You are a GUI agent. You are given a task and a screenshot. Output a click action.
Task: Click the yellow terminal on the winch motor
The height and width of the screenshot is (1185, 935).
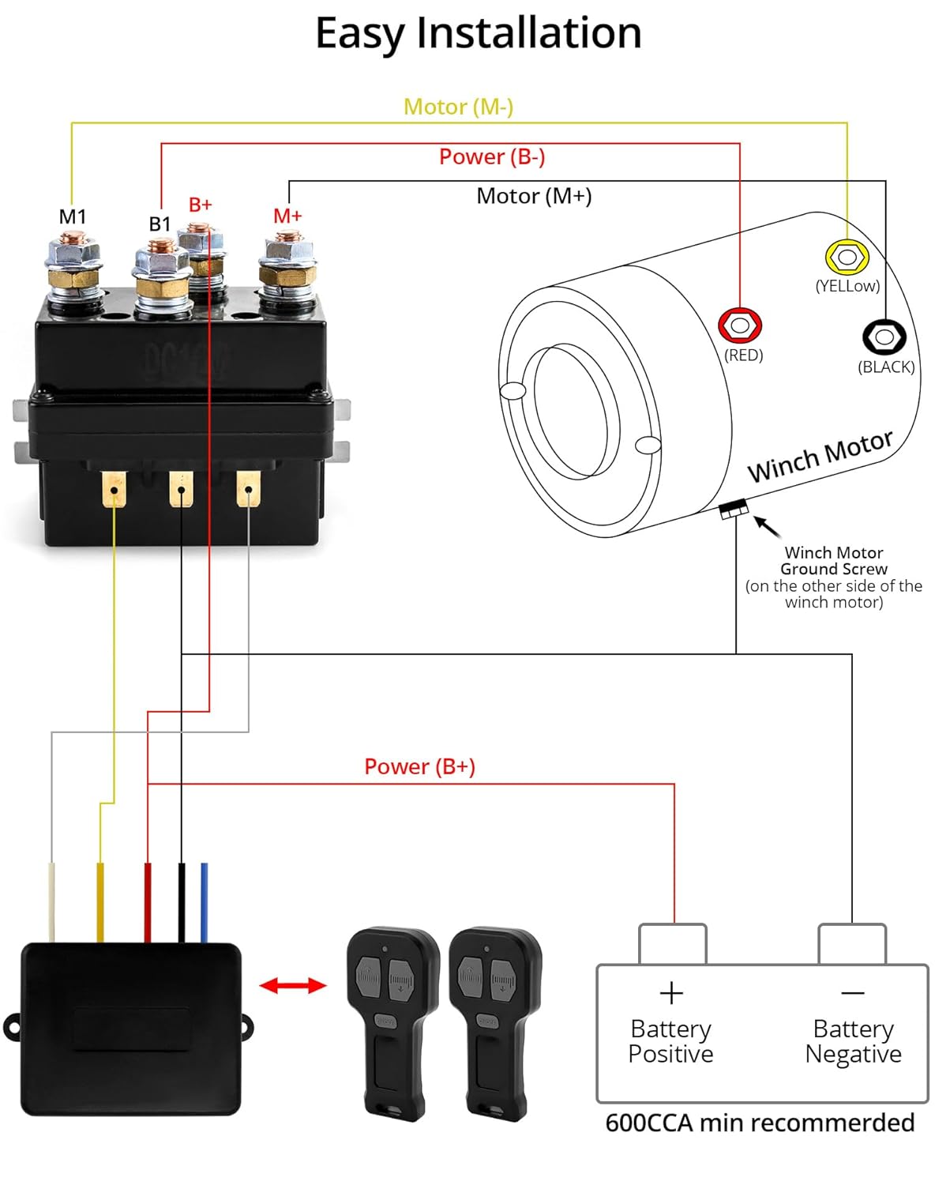coord(847,258)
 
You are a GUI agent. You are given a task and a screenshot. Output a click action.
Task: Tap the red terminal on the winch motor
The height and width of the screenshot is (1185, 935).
coord(740,325)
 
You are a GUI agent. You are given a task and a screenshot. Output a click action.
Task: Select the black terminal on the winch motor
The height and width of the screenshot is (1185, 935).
coord(884,337)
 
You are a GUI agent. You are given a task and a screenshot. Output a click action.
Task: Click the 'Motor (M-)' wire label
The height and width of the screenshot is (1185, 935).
coord(458,107)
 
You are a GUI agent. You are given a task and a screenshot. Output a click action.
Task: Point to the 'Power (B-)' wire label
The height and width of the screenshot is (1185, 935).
coord(492,156)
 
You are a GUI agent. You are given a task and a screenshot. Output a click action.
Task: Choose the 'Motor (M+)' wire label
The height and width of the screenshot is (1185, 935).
coord(534,196)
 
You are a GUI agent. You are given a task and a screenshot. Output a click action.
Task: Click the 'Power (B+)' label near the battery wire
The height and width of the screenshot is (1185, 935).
coord(419,766)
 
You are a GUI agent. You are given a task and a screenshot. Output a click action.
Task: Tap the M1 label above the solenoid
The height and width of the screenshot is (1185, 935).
coord(73,216)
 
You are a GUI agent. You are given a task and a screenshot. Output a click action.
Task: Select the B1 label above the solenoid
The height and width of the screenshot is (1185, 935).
coord(160,224)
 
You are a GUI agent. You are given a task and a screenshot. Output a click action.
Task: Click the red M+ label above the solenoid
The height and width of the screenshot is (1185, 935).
coord(287,216)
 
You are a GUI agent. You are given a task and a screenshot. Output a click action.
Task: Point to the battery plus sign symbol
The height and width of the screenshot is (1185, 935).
coord(671,993)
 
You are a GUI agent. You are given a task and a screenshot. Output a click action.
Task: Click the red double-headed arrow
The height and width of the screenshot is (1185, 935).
coord(293,985)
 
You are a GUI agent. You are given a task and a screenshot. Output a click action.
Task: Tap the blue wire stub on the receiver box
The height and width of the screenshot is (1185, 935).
coord(205,901)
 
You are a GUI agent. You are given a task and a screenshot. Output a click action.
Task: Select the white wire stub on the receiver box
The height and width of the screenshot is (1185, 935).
coord(52,901)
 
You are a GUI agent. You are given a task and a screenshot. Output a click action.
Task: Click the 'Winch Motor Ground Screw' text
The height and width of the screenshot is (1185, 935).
coord(834,561)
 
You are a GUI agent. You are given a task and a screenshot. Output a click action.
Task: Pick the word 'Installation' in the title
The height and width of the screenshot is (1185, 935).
coord(528,33)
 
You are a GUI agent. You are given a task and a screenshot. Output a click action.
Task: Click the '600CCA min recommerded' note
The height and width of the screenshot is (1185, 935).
coord(760,1123)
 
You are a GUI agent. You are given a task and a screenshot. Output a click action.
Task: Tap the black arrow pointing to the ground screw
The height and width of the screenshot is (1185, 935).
coord(767,526)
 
